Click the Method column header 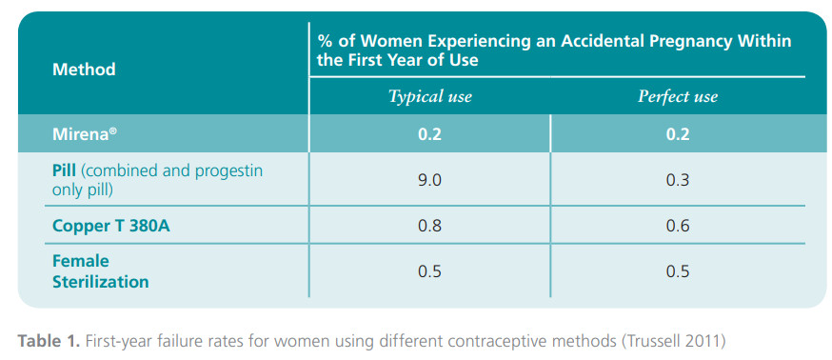(x=84, y=70)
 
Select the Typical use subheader (x=429, y=96)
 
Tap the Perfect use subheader (x=678, y=96)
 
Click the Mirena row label (x=85, y=133)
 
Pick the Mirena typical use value (x=429, y=133)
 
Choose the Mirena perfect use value (x=678, y=133)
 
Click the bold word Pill (x=65, y=171)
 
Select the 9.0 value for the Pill (x=429, y=181)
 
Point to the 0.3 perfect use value (x=678, y=181)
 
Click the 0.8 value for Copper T (x=429, y=226)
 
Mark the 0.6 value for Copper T (x=678, y=226)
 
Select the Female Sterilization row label (x=100, y=271)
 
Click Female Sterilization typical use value (x=429, y=271)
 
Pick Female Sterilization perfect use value (x=678, y=271)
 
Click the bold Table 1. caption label (x=49, y=341)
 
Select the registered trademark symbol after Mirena (x=113, y=130)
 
